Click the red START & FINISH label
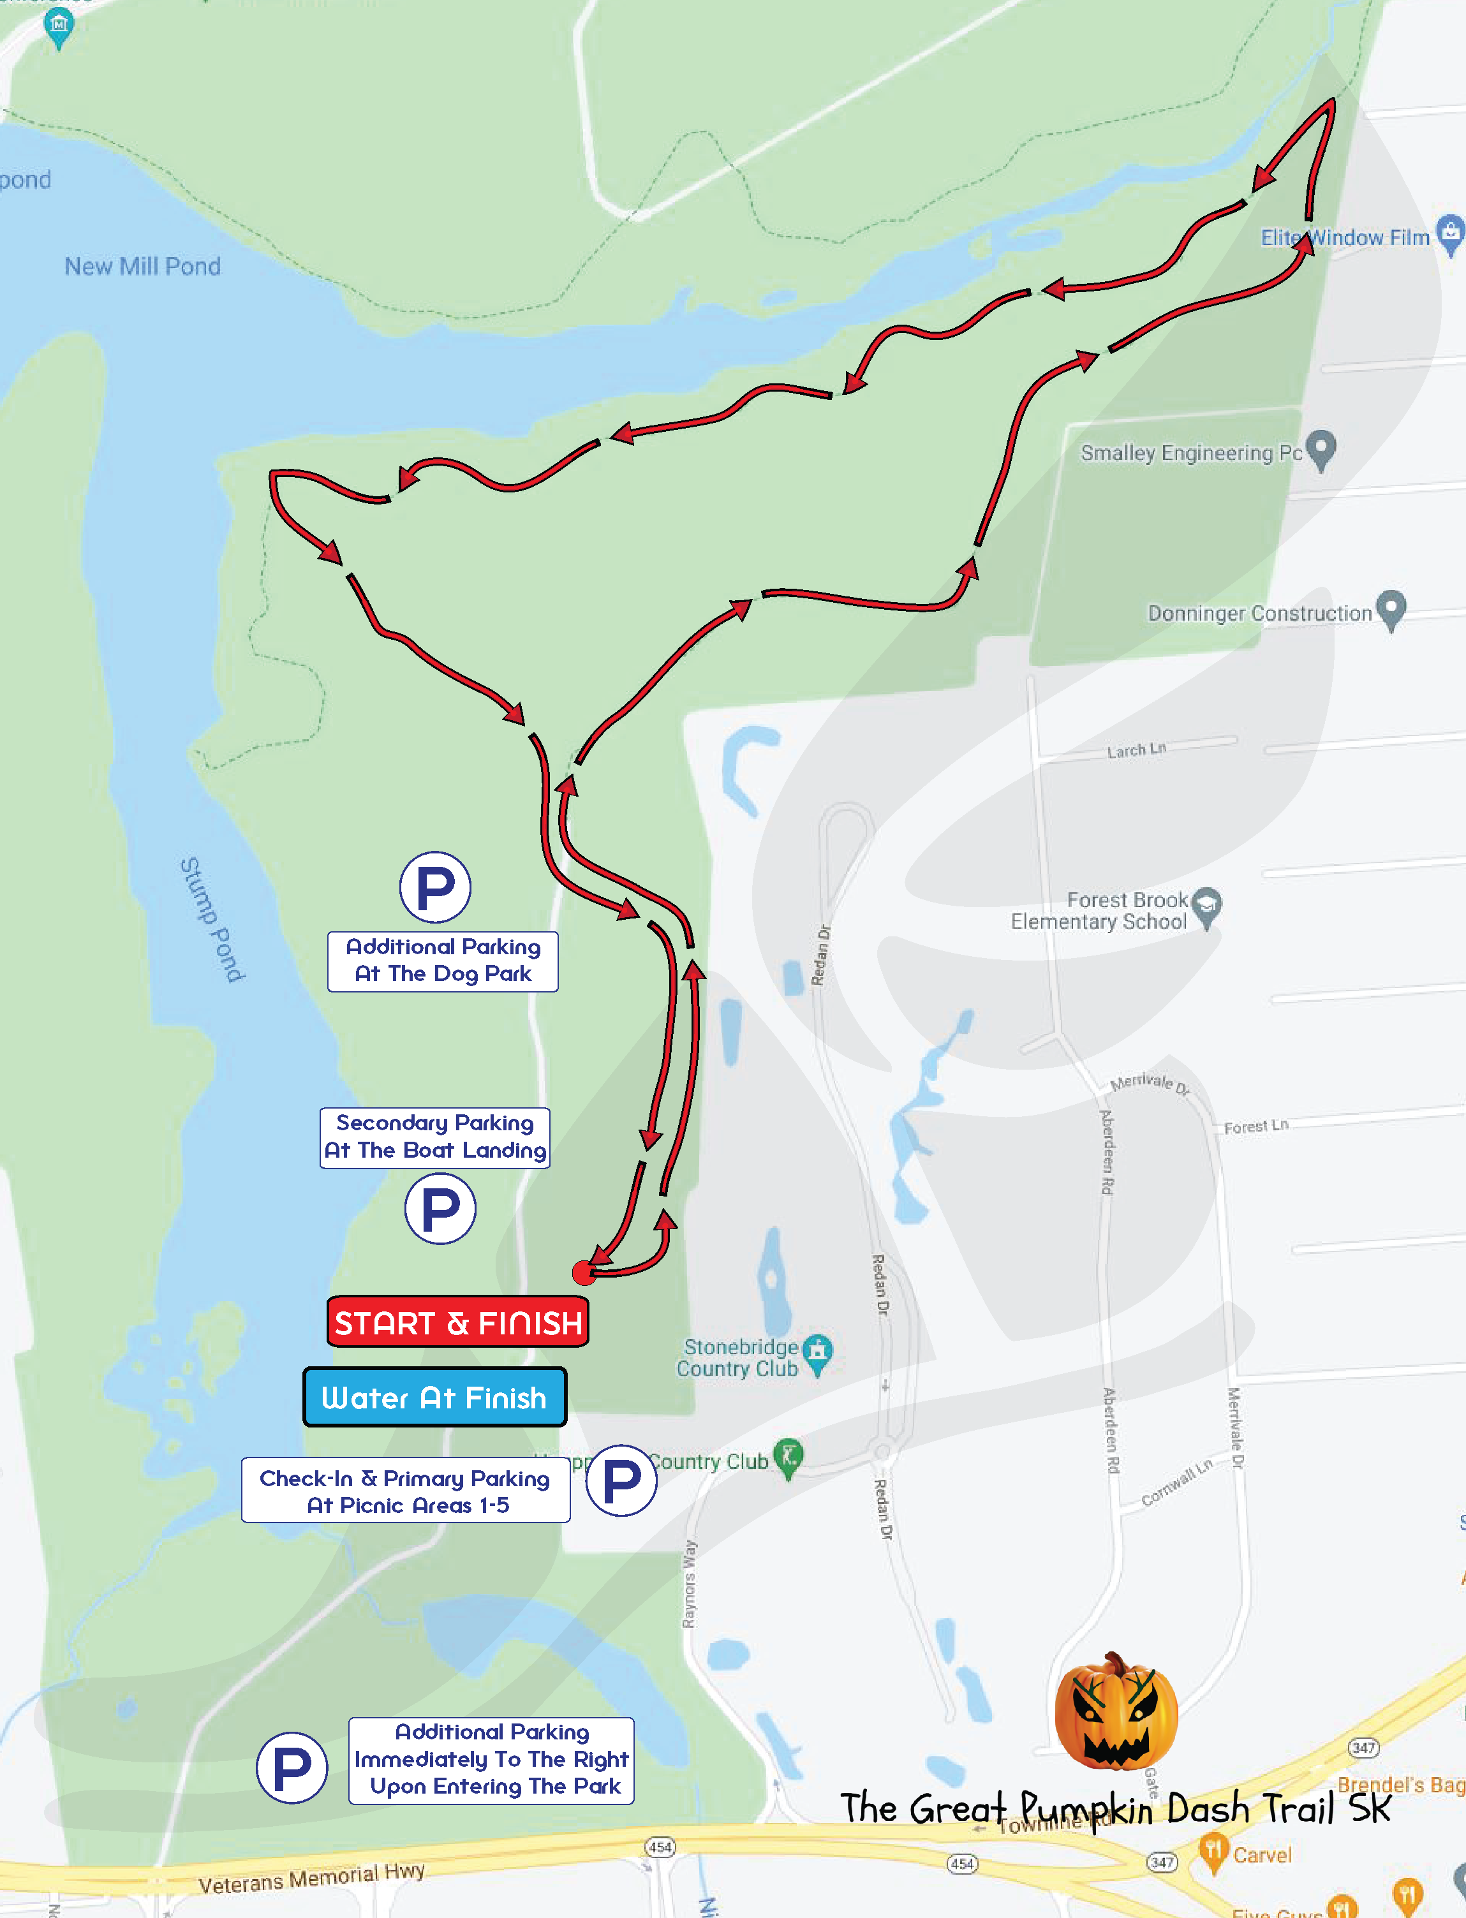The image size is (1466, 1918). [457, 1322]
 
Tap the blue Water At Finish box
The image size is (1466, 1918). [434, 1397]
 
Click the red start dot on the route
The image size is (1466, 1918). [584, 1273]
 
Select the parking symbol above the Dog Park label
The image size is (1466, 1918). [436, 887]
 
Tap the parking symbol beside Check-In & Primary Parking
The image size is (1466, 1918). [621, 1480]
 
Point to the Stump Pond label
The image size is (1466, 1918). [211, 920]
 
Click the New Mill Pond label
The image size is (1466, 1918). [142, 266]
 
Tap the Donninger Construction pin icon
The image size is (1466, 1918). [1390, 609]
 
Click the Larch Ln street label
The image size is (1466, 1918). [1136, 749]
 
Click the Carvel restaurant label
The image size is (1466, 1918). [1261, 1854]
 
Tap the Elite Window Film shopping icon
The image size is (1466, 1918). [1449, 234]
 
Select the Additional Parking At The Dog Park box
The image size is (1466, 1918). [443, 961]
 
